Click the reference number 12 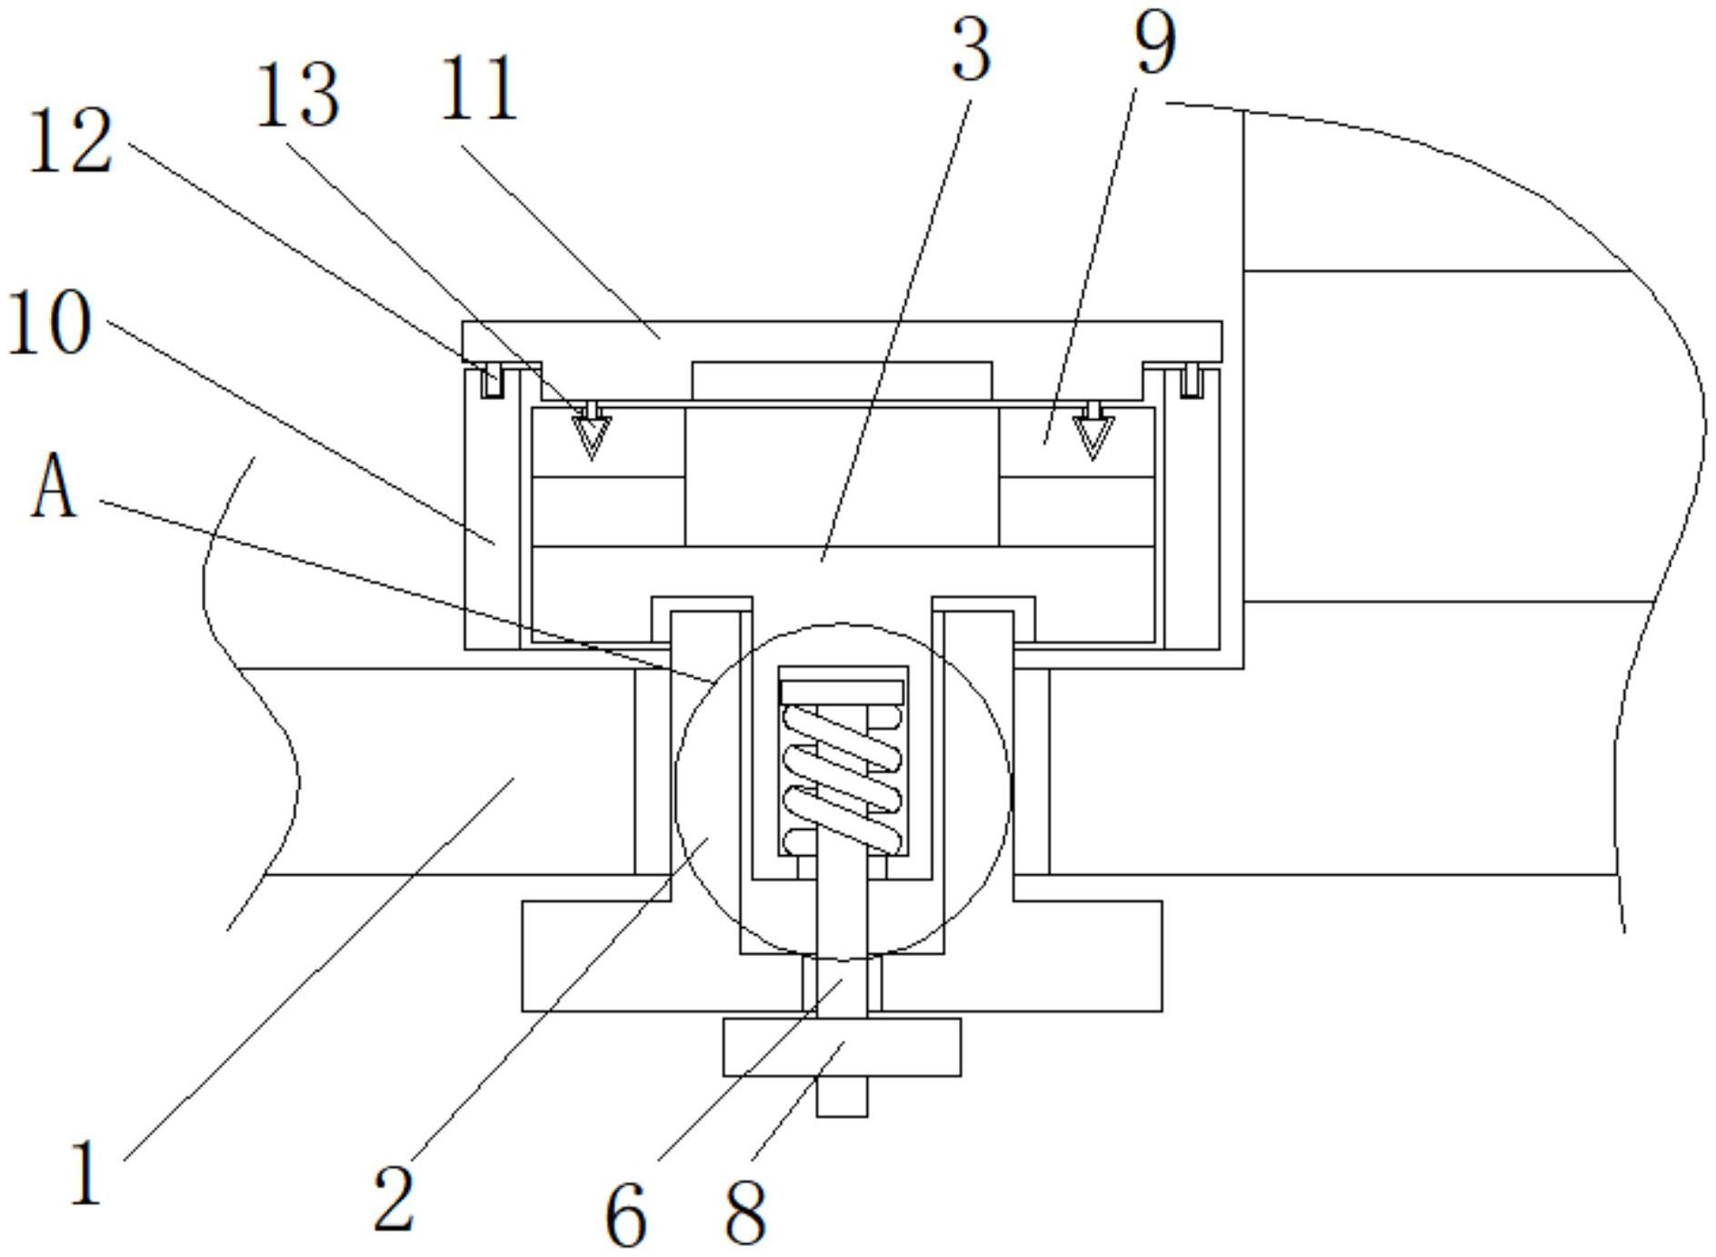pos(71,141)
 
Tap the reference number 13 pos(298,95)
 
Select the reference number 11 pos(479,89)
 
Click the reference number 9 pos(1155,43)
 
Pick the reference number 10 pos(50,322)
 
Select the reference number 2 pos(394,1200)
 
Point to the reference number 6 pos(625,1215)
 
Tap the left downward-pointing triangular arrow pos(592,435)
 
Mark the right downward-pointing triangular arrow pos(1092,435)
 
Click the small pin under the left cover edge pos(493,382)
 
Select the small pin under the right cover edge pos(1192,382)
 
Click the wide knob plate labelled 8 pos(842,1047)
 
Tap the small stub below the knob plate pos(842,1097)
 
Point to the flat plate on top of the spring pos(842,692)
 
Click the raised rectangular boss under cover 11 pos(842,380)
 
